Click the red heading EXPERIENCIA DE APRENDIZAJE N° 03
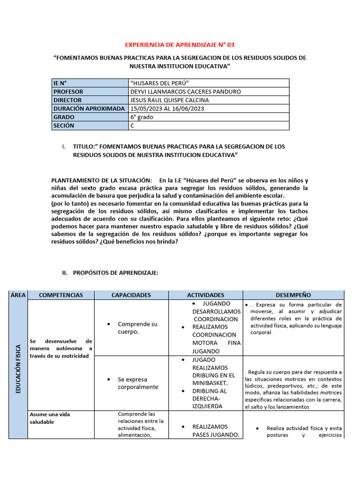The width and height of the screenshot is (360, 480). tap(180, 45)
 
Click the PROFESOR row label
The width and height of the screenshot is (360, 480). tap(68, 91)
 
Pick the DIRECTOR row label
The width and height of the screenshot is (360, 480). tap(67, 100)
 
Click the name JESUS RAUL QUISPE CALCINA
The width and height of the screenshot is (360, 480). tap(170, 100)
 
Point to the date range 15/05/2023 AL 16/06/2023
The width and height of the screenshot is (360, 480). tap(167, 108)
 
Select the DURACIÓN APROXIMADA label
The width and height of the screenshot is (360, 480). tap(89, 108)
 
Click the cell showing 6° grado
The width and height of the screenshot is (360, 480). tap(142, 117)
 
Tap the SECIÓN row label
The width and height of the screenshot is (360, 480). tap(64, 126)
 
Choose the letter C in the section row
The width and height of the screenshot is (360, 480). tap(133, 126)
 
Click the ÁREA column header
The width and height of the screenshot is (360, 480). tap(18, 295)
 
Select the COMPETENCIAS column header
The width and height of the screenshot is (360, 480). tap(61, 295)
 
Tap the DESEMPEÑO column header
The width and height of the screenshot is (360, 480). tap(293, 295)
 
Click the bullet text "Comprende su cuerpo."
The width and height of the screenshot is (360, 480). tap(137, 328)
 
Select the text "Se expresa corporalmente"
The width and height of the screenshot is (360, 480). tap(138, 383)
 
